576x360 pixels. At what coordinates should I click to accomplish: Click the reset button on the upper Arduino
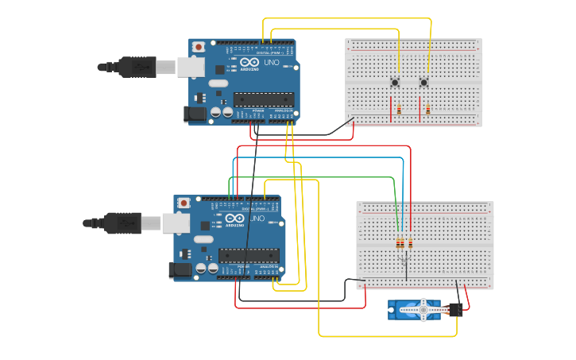click(199, 48)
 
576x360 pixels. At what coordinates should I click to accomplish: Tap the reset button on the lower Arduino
click(184, 203)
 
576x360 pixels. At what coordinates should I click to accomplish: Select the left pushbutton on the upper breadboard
click(395, 83)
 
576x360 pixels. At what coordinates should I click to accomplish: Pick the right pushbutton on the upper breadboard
click(423, 83)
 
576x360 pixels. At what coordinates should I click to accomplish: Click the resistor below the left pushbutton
click(399, 110)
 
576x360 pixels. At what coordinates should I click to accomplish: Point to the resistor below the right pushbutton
click(428, 110)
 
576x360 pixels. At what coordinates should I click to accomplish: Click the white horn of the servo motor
click(423, 308)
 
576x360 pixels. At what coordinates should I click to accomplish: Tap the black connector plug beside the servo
click(455, 310)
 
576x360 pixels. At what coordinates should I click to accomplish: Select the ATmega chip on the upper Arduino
click(263, 99)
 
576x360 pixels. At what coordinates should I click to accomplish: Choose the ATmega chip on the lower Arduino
click(248, 255)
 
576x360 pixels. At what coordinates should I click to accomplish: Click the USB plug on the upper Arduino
click(135, 68)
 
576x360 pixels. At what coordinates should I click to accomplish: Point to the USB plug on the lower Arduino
click(121, 223)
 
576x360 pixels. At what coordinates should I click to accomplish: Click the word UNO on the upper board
click(271, 62)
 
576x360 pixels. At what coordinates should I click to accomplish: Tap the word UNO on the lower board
click(257, 218)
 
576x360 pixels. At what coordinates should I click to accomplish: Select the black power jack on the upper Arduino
click(195, 114)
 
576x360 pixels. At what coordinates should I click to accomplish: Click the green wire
click(318, 177)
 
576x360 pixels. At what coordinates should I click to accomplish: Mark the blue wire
click(318, 157)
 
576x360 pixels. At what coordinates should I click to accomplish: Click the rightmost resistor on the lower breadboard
click(411, 243)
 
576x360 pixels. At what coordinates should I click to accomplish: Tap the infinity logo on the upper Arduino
click(249, 62)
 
